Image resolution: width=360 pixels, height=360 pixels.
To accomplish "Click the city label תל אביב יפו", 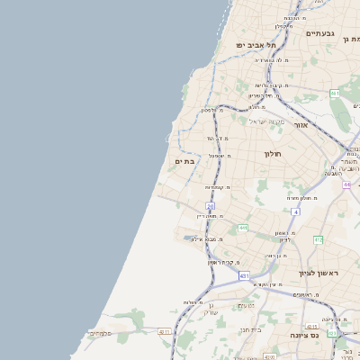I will (256, 44).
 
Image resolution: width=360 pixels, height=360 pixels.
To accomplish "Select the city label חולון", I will (274, 154).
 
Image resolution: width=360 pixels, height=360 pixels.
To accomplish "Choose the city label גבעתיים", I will (319, 33).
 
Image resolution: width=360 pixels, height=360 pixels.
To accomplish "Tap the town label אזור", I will (300, 125).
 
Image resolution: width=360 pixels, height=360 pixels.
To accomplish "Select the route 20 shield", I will (211, 206).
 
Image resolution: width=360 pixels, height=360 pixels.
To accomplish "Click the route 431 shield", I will (244, 275).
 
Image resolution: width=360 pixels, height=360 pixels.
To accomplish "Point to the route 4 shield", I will (295, 211).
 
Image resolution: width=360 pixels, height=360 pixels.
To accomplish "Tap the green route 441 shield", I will (242, 229).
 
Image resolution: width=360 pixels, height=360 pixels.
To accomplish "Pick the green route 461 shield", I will (334, 93).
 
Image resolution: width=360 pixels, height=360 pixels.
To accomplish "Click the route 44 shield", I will (346, 184).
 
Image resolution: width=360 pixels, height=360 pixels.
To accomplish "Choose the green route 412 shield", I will (318, 239).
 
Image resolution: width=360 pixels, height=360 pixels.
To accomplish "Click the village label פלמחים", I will (101, 334).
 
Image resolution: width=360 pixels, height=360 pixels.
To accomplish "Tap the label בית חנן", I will (250, 330).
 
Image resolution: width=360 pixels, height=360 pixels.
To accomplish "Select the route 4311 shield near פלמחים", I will (164, 331).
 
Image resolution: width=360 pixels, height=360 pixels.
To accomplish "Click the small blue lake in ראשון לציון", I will (193, 238).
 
